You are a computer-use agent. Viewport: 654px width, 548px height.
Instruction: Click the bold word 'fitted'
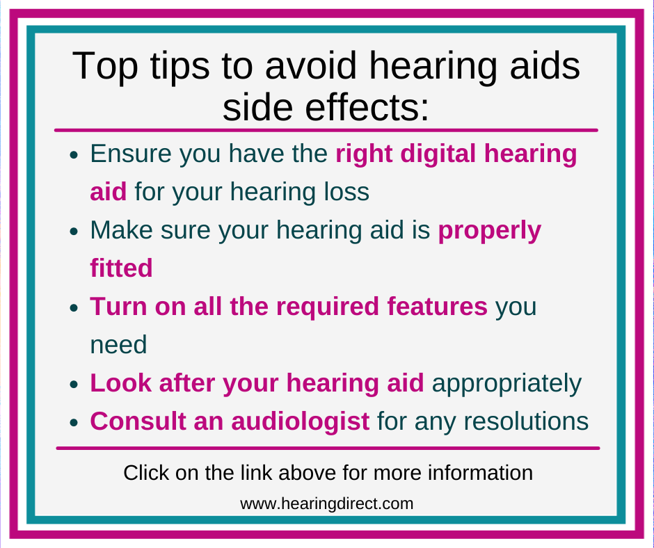tap(121, 268)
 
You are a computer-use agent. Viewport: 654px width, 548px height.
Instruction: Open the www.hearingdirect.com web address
tap(327, 503)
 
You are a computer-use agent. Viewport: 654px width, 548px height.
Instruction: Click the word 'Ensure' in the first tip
tap(130, 154)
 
